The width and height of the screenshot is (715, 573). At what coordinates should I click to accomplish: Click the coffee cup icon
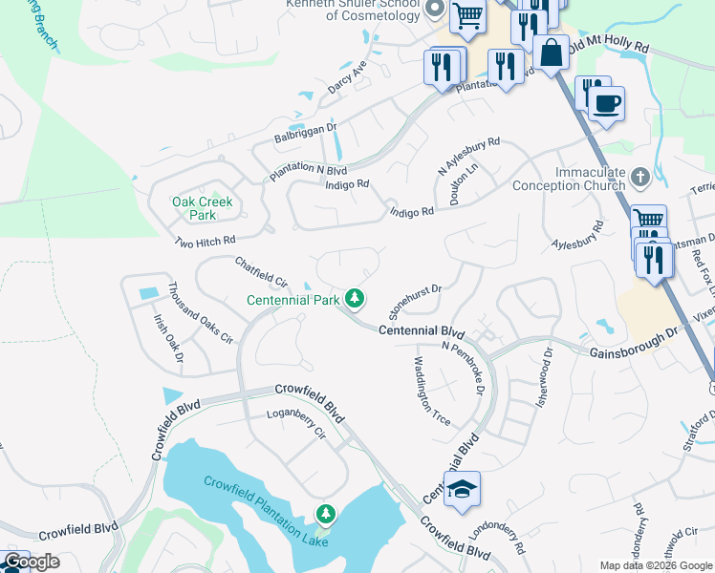(x=606, y=103)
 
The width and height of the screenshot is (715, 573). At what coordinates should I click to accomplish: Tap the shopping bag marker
(x=552, y=53)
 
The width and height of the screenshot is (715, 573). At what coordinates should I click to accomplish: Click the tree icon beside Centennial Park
(x=355, y=299)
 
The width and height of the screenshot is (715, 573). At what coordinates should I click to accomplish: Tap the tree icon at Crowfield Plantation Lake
(x=327, y=515)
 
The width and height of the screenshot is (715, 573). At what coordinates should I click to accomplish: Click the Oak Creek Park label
(x=202, y=209)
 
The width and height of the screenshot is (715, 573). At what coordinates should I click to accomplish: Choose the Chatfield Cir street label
(x=261, y=271)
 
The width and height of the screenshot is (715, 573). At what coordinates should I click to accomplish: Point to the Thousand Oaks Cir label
(x=200, y=312)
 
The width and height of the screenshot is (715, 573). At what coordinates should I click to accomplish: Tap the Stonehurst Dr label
(x=414, y=301)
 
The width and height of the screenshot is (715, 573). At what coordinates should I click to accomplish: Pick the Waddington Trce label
(x=430, y=392)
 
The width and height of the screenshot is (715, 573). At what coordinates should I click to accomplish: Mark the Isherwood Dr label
(x=548, y=366)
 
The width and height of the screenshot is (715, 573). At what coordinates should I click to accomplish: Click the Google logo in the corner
(x=31, y=562)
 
